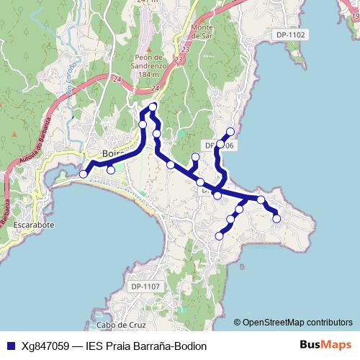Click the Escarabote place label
pyautogui.click(x=34, y=224)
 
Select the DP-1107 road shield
pyautogui.click(x=145, y=287)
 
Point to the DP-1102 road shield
pyautogui.click(x=290, y=35)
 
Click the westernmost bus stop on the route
pyautogui.click(x=84, y=174)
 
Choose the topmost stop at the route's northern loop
pyautogui.click(x=153, y=108)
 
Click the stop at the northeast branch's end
pyautogui.click(x=230, y=131)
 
